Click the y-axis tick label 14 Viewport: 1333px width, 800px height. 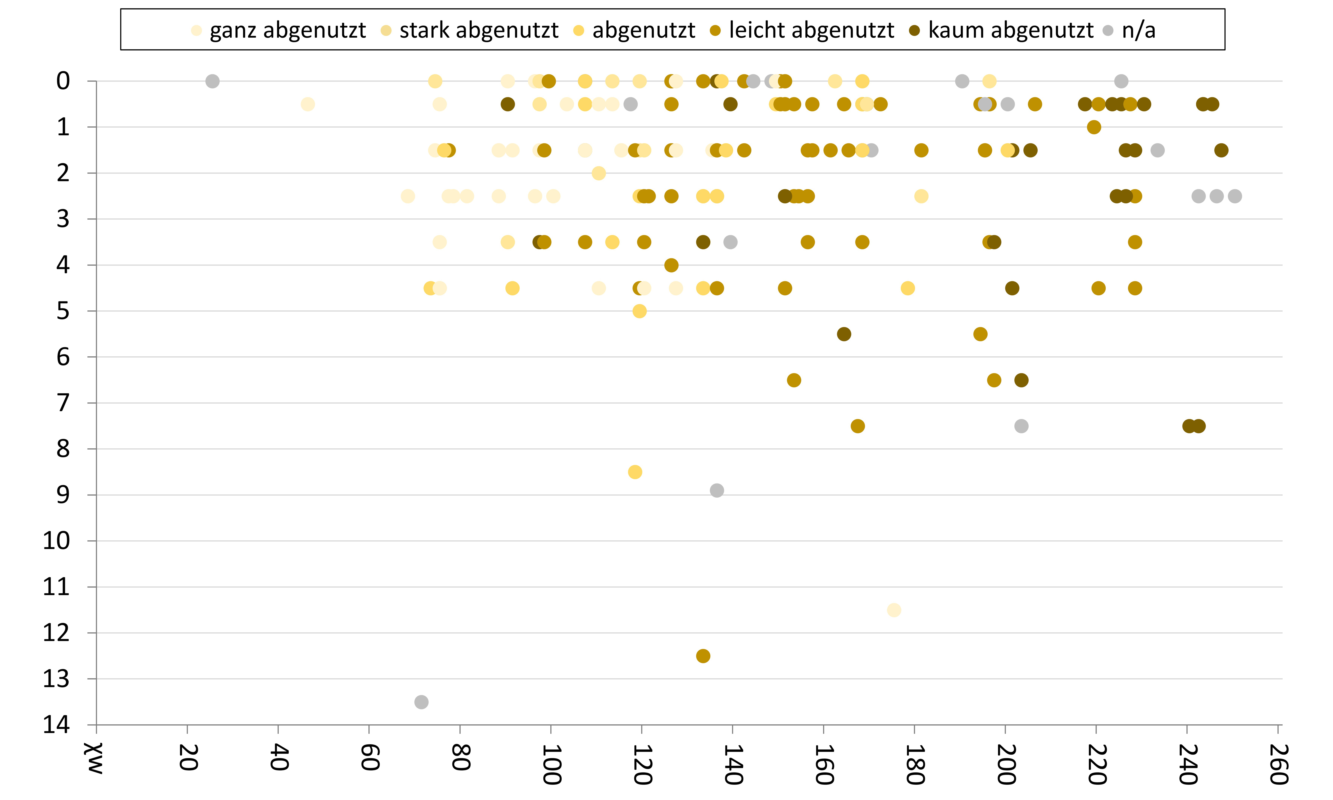tap(57, 725)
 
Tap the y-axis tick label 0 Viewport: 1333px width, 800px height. tap(63, 81)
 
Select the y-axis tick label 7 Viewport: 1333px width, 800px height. tap(63, 403)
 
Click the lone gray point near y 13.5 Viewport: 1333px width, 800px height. tap(421, 702)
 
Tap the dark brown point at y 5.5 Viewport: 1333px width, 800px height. tap(844, 334)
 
